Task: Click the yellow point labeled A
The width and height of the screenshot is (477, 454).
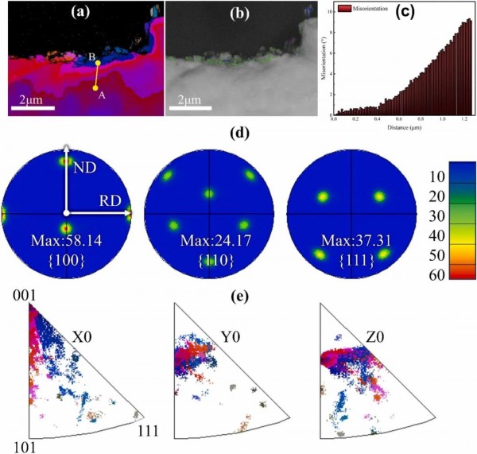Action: [95, 87]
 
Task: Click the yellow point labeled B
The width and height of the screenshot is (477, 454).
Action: [98, 63]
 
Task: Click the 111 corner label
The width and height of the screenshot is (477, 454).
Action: [149, 430]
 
